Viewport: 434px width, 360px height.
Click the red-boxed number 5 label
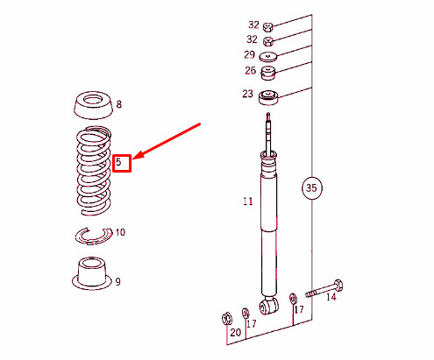(118, 162)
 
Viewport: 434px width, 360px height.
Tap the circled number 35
(311, 187)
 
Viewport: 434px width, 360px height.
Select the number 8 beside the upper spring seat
(119, 104)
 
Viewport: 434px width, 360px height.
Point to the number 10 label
(120, 232)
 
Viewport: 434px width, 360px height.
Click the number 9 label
(117, 282)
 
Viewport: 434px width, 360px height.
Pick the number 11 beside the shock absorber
(248, 201)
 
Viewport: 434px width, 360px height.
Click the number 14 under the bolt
(331, 297)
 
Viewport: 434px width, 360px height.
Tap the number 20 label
(236, 333)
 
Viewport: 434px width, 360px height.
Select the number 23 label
(247, 94)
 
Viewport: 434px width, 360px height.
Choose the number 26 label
(251, 70)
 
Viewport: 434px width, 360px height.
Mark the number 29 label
(249, 54)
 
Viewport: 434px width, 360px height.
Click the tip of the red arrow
(132, 159)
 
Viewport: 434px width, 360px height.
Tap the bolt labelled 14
(324, 288)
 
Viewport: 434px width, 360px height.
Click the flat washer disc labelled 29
(268, 57)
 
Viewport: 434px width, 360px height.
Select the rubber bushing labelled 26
(268, 74)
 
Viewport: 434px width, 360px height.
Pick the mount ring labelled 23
(268, 97)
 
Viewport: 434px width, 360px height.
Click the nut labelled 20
(227, 318)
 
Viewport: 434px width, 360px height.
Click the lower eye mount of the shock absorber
(269, 306)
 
